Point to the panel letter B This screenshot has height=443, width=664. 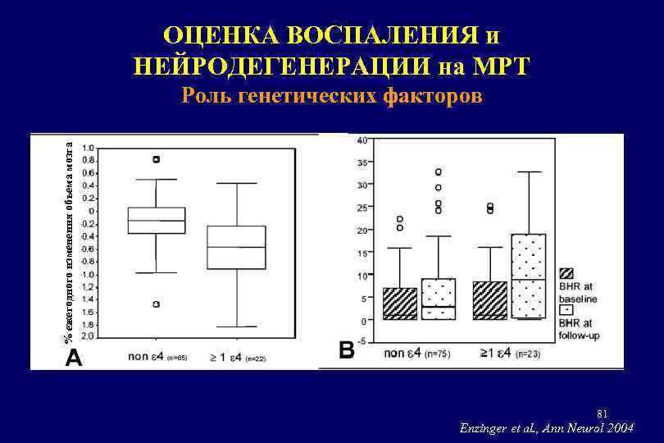[x=347, y=350]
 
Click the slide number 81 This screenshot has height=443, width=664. [x=603, y=412]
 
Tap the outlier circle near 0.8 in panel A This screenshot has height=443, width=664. [x=156, y=159]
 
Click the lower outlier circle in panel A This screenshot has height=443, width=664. [x=156, y=304]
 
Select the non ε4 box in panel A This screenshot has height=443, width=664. [x=156, y=220]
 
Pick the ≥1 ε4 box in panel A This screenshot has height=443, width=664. [x=236, y=247]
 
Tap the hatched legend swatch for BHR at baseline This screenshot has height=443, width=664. [x=566, y=273]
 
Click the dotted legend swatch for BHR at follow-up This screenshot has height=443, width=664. [x=566, y=312]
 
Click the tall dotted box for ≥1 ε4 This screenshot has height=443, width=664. [x=528, y=276]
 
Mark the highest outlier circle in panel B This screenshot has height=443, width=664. [x=439, y=172]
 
